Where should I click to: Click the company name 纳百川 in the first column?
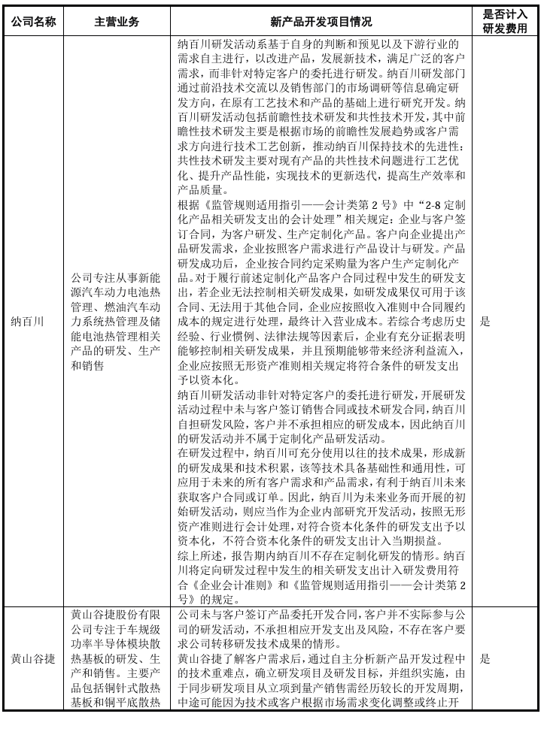[27, 322]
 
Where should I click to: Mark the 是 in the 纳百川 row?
[485, 322]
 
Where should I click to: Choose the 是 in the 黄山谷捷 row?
[485, 659]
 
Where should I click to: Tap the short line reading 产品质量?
[201, 189]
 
